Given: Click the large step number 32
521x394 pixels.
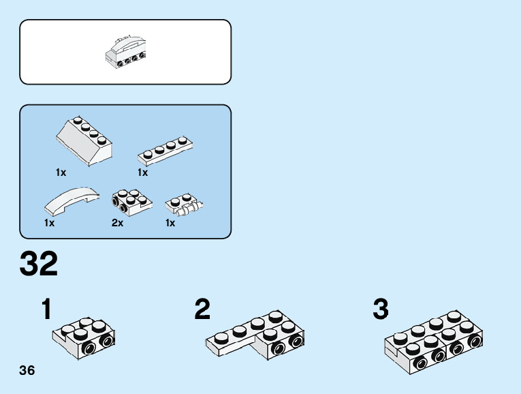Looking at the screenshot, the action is pos(39,264).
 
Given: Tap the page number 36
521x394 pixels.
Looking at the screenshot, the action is pos(27,371).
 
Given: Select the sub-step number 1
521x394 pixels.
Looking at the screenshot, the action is pos(46,310).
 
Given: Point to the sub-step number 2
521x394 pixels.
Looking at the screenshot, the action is pos(202,310).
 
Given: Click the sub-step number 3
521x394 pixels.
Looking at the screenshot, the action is pos(380,310).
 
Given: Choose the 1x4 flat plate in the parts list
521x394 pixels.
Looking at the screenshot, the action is pos(166,150).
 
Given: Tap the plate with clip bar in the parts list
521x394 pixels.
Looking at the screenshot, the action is pos(184,204).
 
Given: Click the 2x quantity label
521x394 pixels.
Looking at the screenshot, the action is pos(117,223).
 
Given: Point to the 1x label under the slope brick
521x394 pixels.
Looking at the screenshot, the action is pos(61,172).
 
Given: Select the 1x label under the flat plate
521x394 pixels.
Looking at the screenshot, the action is pos(142,172).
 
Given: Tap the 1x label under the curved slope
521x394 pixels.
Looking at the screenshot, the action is pos(50,223).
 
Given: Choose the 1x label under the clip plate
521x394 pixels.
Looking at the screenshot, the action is pos(170,223).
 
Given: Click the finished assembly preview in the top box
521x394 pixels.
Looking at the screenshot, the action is pos(126,53).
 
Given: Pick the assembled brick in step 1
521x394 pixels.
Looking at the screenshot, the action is pos(84,337).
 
